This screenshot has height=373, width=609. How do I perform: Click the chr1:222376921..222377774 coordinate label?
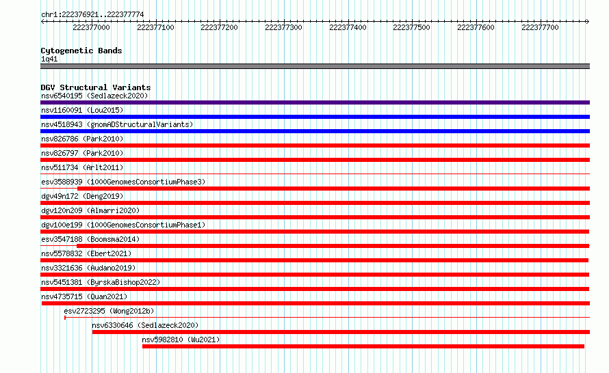pos(92,15)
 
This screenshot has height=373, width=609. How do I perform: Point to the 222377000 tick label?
pos(91,27)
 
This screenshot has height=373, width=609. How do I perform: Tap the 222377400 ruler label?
pos(348,27)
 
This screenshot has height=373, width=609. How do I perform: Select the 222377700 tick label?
pos(540,27)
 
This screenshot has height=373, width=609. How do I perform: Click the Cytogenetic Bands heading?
pos(81,51)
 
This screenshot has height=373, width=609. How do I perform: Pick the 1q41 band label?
pos(49,59)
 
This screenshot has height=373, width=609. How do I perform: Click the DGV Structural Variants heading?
pos(96,87)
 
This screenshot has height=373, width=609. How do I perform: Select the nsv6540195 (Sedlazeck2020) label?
pos(94,96)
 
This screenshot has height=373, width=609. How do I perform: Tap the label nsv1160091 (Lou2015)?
pos(82,110)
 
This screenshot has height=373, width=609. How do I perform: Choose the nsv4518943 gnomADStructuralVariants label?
pos(117,124)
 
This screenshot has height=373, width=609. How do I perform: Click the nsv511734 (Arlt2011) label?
pos(82,167)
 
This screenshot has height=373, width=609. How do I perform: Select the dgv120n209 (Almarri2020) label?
pos(90,210)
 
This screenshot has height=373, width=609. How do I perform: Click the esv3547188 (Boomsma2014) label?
pos(90,239)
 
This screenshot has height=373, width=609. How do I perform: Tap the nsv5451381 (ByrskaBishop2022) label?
pos(101,282)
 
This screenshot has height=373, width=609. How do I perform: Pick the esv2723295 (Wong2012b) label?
pos(109,311)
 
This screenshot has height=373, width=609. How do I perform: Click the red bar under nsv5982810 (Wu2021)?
pos(363,346)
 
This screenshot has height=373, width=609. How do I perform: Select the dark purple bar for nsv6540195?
pos(315,102)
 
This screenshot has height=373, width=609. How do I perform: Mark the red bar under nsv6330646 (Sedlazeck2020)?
pos(341,332)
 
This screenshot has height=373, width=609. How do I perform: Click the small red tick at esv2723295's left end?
pos(65,318)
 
